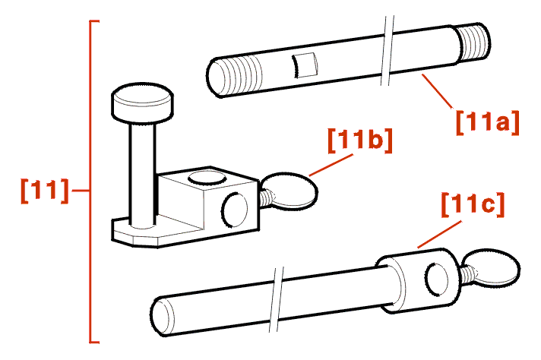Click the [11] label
(x=45, y=191)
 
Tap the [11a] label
(x=488, y=123)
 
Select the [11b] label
(x=360, y=141)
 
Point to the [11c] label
(x=473, y=205)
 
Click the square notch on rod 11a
(x=305, y=65)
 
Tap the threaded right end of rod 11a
(x=473, y=43)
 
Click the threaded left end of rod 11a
(x=235, y=76)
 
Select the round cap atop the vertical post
(x=142, y=103)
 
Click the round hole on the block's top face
(x=206, y=178)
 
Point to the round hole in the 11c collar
(x=438, y=279)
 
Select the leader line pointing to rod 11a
(x=436, y=91)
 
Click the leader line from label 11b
(x=331, y=165)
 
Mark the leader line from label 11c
(x=439, y=235)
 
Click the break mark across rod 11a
(x=387, y=50)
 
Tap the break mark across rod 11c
(x=276, y=299)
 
